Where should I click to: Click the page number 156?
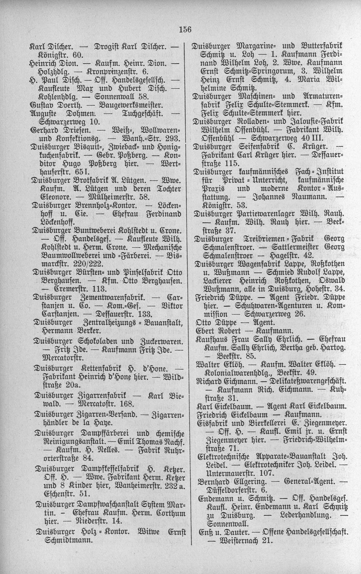click(184, 30)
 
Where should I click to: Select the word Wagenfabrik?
click(258, 263)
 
